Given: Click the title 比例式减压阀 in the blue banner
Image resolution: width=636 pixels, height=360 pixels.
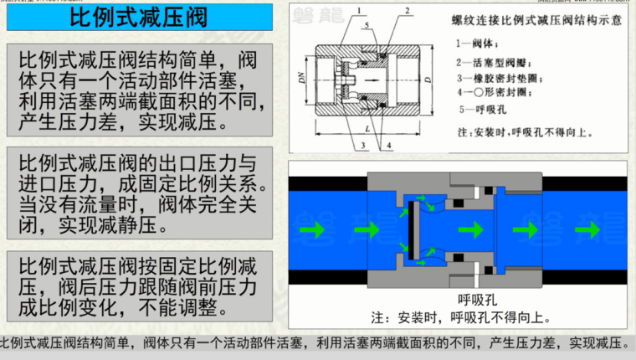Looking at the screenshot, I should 138,17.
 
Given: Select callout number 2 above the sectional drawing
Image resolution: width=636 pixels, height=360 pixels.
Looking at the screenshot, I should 406,11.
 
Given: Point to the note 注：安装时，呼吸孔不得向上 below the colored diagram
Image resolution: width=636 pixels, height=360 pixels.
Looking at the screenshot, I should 461,317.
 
